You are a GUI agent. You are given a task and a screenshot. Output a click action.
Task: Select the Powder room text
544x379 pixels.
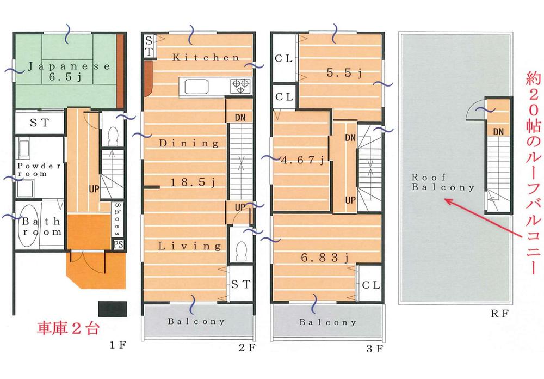click(39, 169)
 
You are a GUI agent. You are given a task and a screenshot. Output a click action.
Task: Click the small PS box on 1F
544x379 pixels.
click(118, 244)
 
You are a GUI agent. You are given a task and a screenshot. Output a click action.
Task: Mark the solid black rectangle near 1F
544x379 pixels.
click(113, 308)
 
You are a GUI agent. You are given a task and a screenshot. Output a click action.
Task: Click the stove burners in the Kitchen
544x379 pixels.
click(240, 85)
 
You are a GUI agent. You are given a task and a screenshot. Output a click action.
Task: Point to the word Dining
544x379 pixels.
click(189, 144)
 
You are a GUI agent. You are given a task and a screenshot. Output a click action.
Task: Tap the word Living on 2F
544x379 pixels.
click(190, 246)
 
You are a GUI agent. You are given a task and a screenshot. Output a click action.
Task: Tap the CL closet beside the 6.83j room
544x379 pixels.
click(370, 285)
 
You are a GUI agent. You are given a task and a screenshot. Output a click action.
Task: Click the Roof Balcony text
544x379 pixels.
click(443, 182)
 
